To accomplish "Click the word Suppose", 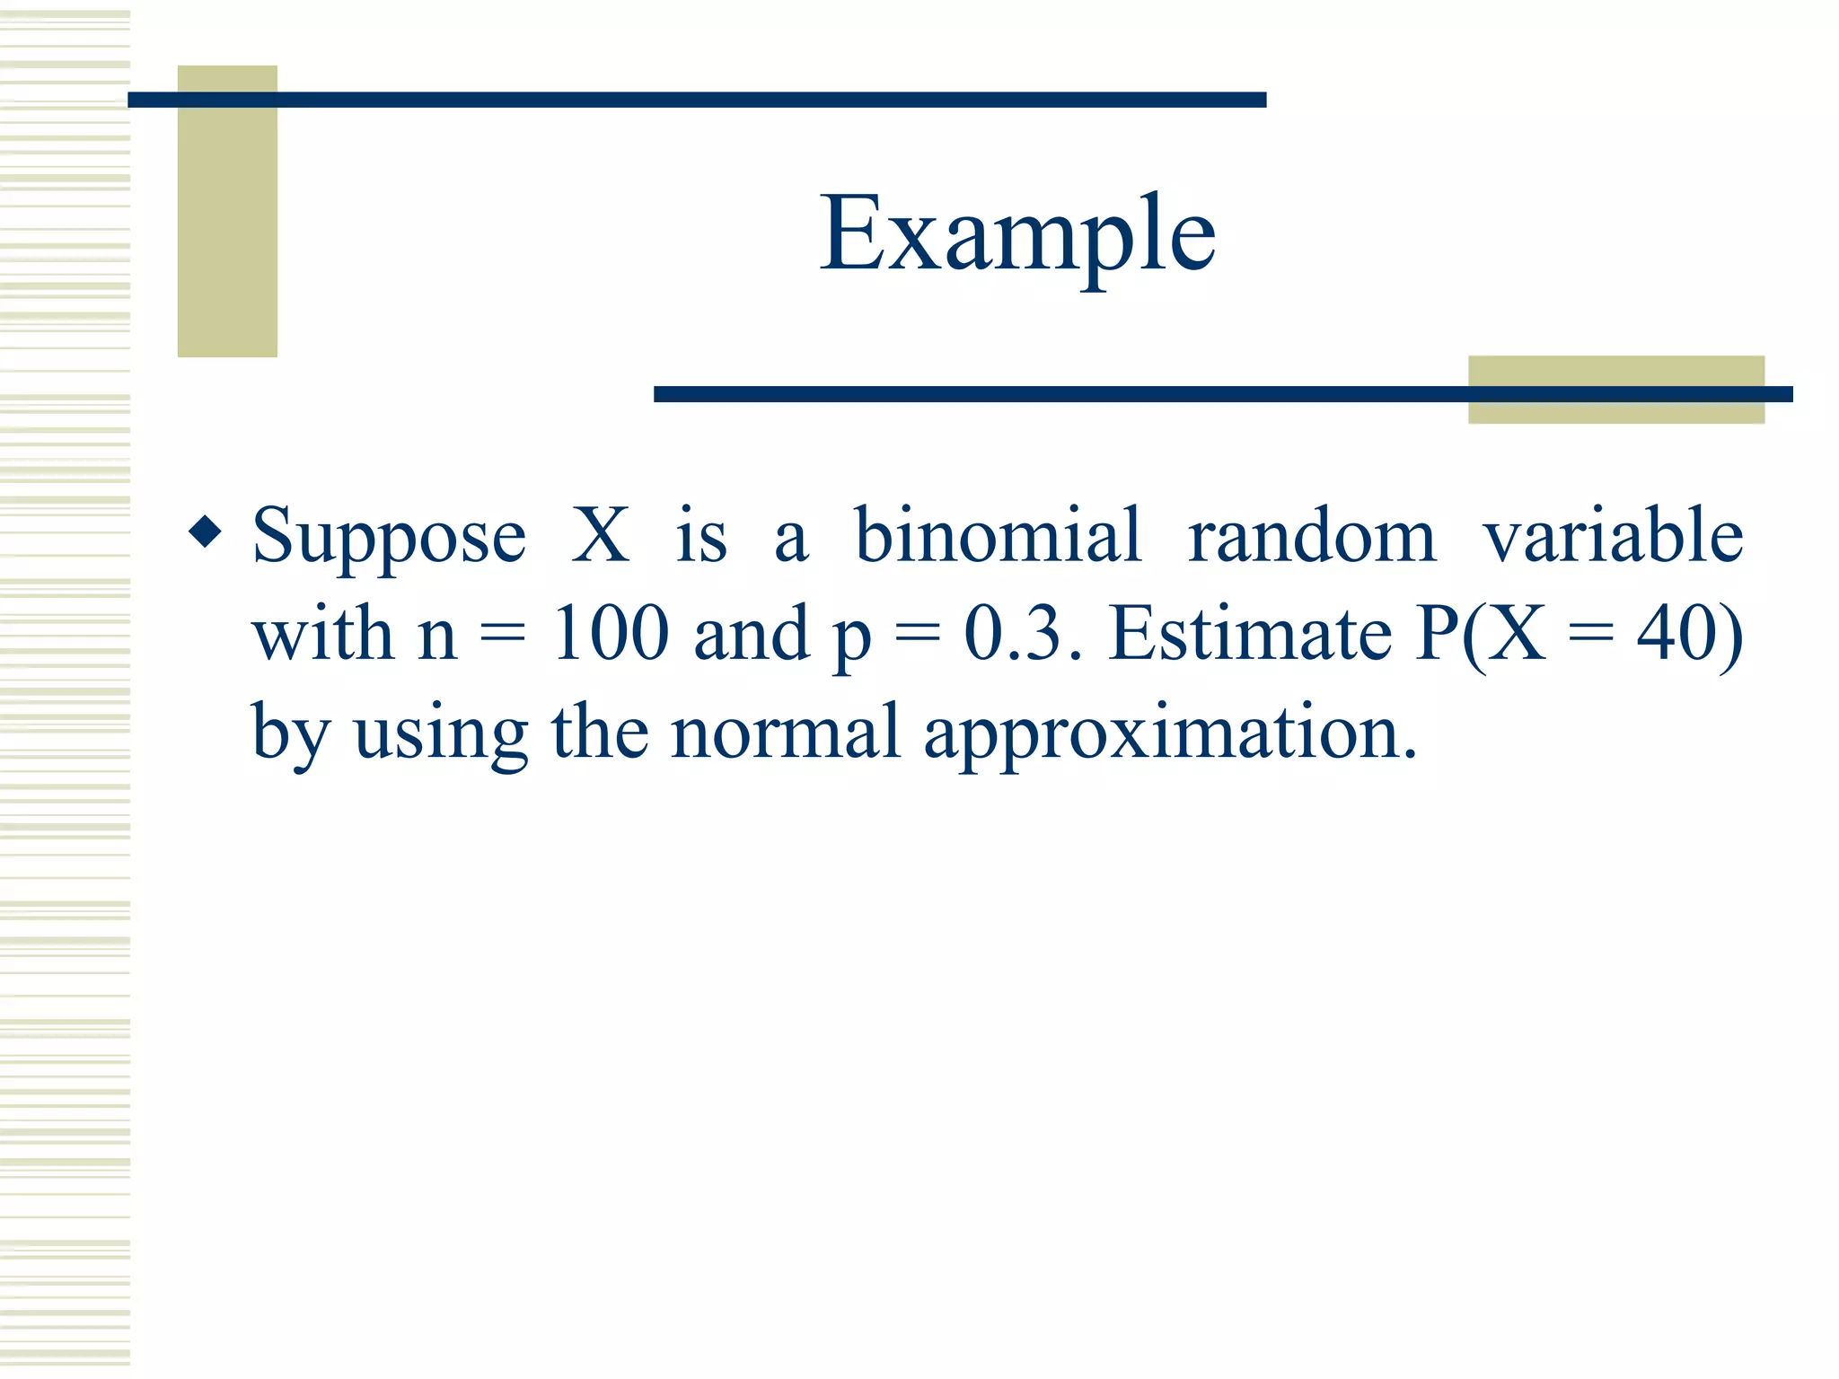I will tap(389, 537).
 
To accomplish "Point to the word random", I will tap(1311, 536).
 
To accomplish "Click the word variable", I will tap(1613, 536).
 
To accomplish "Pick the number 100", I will tap(611, 634).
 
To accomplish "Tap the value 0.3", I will tap(1013, 634).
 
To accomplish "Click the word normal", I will tap(785, 733).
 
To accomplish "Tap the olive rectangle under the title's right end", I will tap(1615, 409).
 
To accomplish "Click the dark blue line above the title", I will tap(697, 100).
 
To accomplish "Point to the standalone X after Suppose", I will tap(601, 536).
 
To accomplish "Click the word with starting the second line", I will tap(322, 634).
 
